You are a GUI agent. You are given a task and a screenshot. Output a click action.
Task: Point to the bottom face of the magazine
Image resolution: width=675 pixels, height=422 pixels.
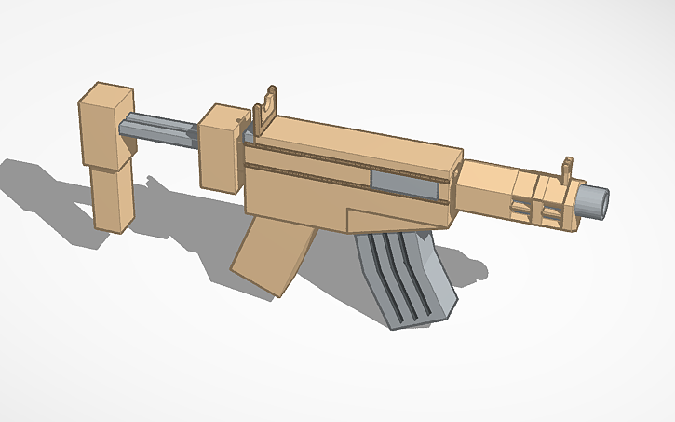click(419, 322)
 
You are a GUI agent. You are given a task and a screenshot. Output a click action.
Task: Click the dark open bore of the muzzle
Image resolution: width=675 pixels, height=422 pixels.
click(601, 199)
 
